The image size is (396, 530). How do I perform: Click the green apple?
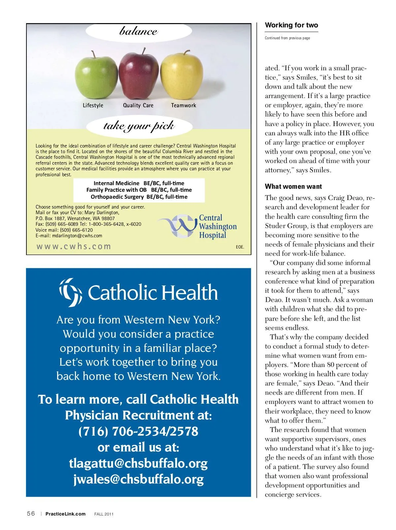point(96,77)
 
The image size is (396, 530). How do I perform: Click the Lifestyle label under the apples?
point(93,105)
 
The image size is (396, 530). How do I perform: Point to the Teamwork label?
point(183,105)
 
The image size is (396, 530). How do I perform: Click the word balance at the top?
point(139,31)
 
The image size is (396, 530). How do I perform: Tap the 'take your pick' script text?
point(139,126)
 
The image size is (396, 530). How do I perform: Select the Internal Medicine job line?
point(139,183)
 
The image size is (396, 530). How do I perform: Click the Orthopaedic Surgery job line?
point(139,197)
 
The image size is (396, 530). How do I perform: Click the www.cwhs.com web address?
point(74,247)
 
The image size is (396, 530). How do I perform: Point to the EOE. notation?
point(240,247)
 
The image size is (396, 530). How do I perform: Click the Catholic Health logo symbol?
point(71,292)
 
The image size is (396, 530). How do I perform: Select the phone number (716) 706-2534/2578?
point(138,431)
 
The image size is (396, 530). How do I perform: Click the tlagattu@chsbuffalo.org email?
point(138,463)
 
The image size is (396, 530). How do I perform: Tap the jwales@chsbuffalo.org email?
point(138,479)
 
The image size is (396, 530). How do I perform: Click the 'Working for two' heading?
point(291,25)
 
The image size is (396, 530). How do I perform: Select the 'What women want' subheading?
point(293,186)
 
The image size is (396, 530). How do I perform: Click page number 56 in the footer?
point(31,513)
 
